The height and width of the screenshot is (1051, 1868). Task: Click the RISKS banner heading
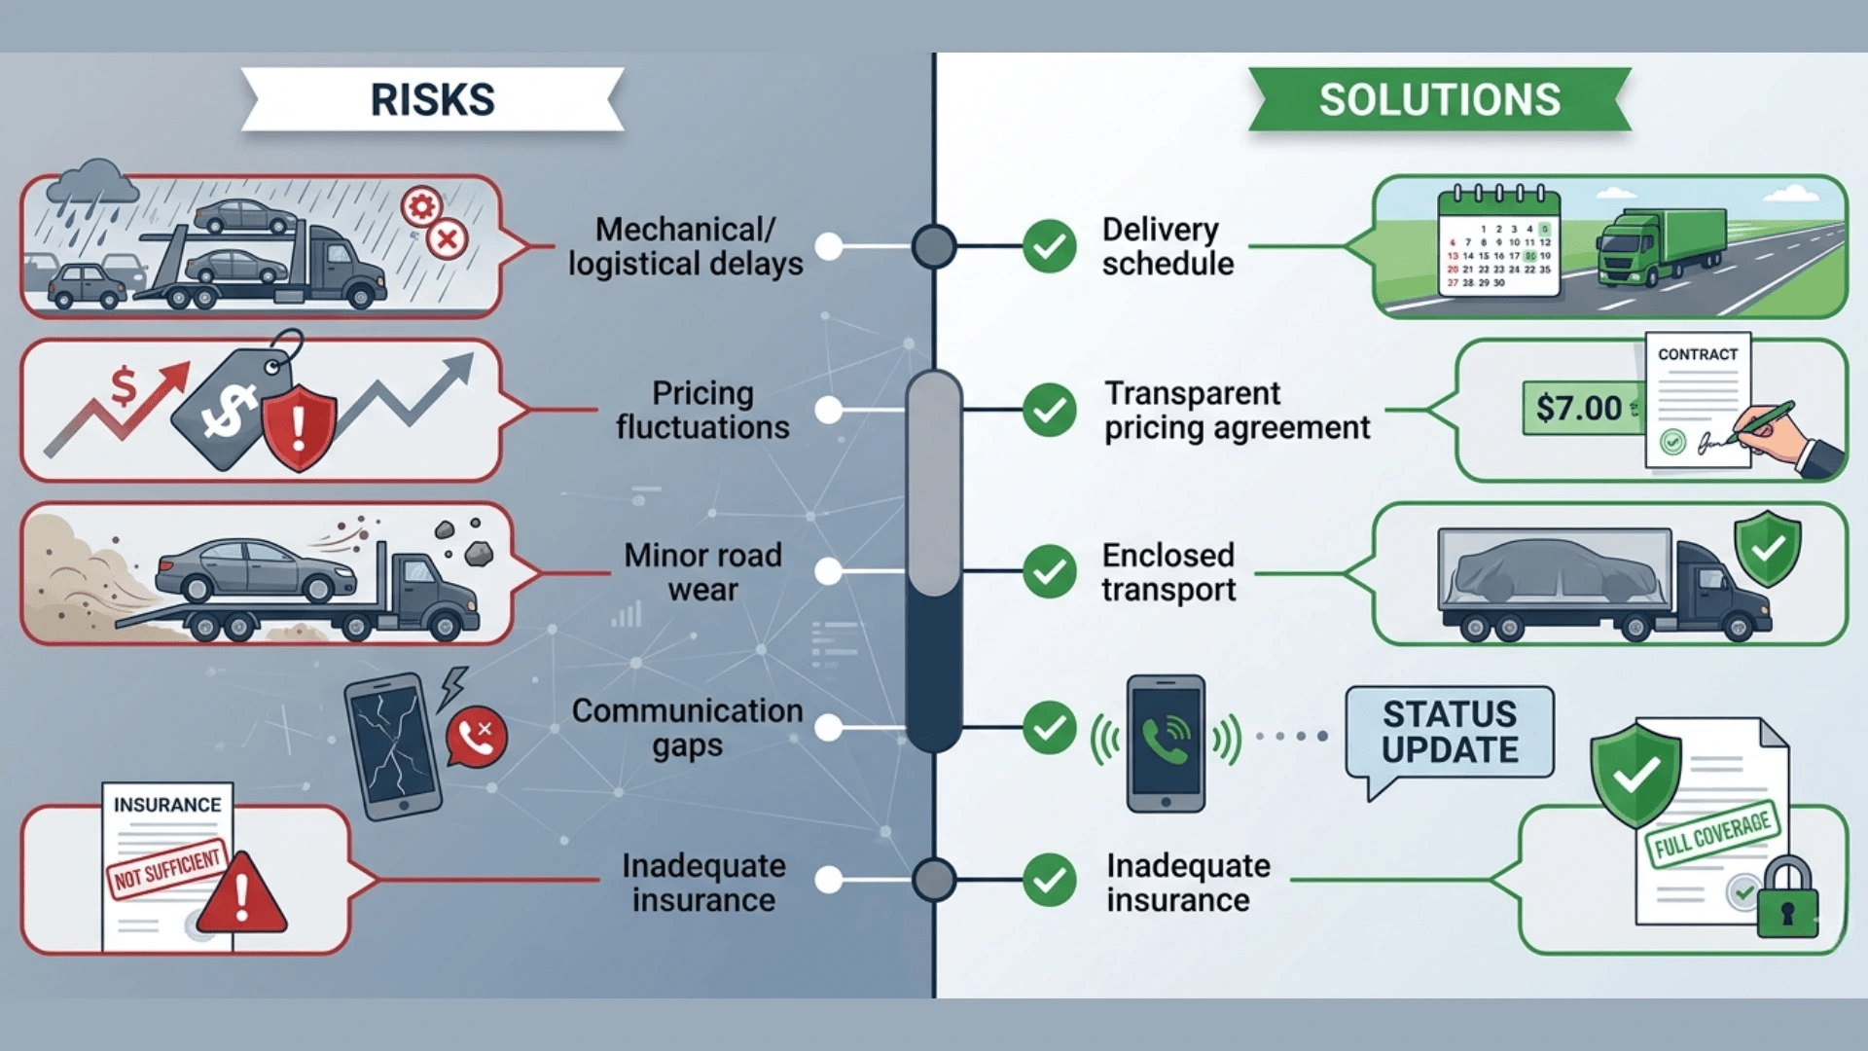coord(432,99)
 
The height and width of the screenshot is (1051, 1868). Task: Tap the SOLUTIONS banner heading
coord(1439,99)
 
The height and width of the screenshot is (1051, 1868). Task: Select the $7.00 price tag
coord(1579,408)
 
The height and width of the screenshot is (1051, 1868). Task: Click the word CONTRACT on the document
coord(1697,354)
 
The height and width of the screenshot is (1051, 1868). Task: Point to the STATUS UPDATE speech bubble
coord(1450,733)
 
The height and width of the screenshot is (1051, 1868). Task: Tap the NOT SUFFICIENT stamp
coord(167,869)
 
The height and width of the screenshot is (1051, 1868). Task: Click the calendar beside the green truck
coord(1499,243)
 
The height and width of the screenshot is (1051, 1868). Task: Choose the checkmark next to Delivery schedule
coord(1049,246)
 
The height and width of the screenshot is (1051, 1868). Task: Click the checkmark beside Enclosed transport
coord(1049,571)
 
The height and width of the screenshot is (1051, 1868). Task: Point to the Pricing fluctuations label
coord(702,410)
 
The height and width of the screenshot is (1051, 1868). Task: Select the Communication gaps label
coord(687,728)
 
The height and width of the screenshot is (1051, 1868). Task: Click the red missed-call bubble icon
coord(476,737)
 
